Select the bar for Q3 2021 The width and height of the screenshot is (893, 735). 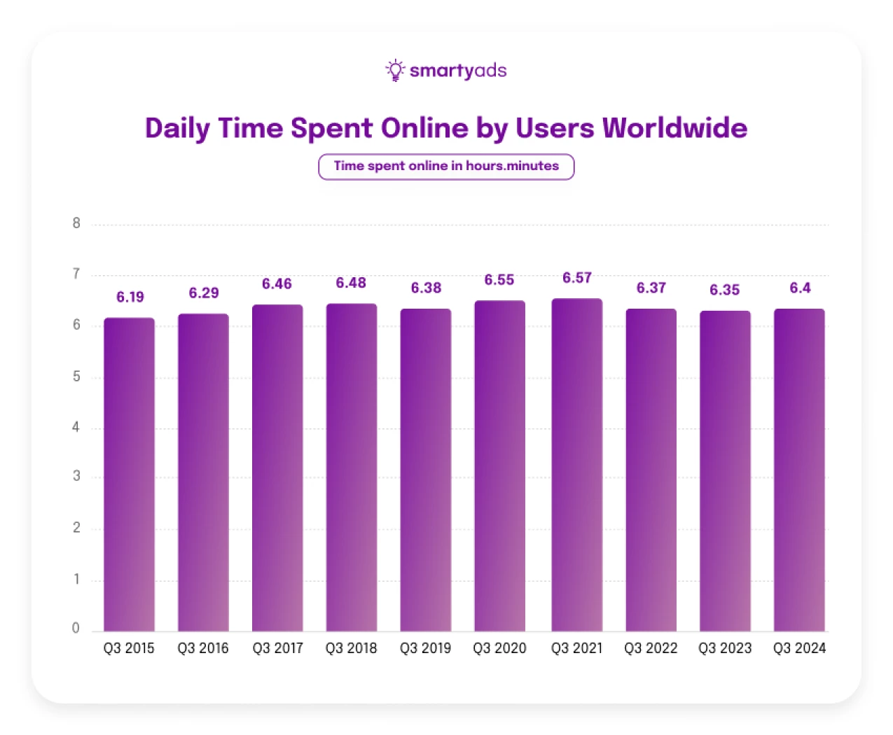click(576, 465)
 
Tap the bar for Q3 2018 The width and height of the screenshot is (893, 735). click(351, 468)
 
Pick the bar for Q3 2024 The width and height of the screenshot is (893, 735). click(798, 470)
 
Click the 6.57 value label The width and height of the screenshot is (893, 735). click(577, 278)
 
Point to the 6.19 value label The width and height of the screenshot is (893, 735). click(130, 297)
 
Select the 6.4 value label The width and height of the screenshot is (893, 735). click(800, 288)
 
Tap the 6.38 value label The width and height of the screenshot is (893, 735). click(426, 288)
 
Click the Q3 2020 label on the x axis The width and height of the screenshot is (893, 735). click(499, 648)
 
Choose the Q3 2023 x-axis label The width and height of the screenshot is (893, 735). click(724, 648)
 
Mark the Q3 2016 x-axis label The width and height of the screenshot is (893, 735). click(203, 648)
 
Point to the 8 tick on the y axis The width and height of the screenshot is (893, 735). click(76, 223)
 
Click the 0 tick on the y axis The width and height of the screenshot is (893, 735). click(76, 628)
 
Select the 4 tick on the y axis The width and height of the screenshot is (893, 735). click(76, 427)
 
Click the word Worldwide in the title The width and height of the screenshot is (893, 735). click(674, 128)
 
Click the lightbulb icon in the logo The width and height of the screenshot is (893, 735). click(395, 70)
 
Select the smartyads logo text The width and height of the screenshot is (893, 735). click(457, 71)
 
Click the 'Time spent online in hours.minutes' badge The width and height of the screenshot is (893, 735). click(446, 167)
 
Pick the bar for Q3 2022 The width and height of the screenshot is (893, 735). click(651, 470)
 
